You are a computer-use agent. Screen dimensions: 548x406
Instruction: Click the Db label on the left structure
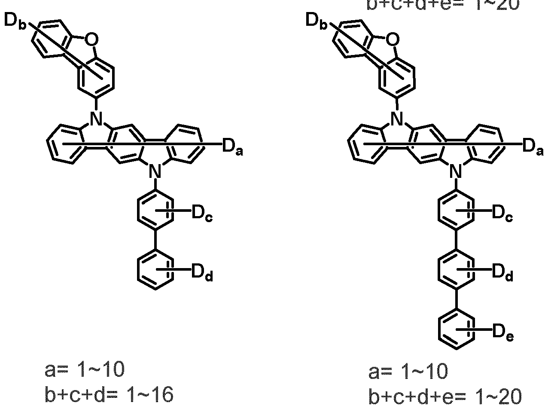15,22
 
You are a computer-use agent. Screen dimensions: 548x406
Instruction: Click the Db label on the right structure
316,22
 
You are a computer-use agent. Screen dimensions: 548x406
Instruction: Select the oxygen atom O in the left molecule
91,40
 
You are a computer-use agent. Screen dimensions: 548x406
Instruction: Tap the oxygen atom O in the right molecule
392,40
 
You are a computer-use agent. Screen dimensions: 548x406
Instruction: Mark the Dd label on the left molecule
202,273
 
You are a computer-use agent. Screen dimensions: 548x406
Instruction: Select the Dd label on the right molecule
502,273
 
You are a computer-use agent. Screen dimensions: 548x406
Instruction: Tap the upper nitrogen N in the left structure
96,116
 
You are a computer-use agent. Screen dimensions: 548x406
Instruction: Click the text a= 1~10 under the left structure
85,370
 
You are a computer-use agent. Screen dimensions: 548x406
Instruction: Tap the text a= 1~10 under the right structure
408,370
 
